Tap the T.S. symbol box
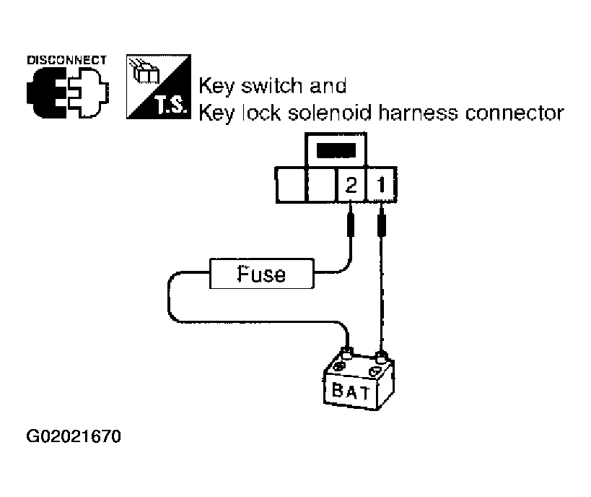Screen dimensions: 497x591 pyautogui.click(x=156, y=86)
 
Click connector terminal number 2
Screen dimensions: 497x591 pyautogui.click(x=351, y=185)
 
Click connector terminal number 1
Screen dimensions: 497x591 pyautogui.click(x=380, y=185)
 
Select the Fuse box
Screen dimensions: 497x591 pyautogui.click(x=262, y=275)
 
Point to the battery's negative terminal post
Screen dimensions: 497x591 pyautogui.click(x=380, y=355)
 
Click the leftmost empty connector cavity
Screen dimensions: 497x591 pyautogui.click(x=292, y=185)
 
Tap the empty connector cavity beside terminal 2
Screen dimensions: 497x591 pyautogui.click(x=322, y=185)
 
